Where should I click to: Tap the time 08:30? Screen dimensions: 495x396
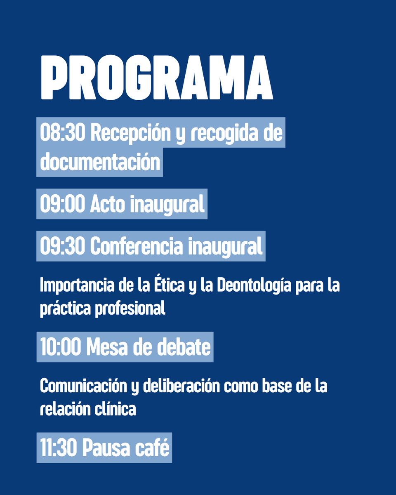[62, 133]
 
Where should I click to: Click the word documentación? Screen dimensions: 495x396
[100, 162]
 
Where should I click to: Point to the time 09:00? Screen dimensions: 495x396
[62, 204]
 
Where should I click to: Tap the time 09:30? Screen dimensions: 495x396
[62, 247]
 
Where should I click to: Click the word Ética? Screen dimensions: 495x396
[169, 285]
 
